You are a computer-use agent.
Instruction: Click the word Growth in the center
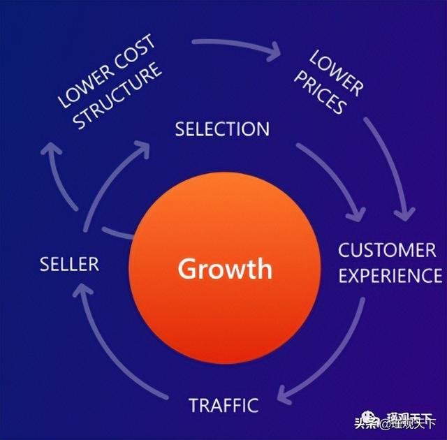(x=224, y=268)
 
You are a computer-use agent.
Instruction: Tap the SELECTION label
(x=222, y=129)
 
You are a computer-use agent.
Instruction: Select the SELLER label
(x=69, y=264)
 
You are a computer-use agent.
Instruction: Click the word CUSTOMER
(x=387, y=250)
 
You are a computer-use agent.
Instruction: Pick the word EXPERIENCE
(x=390, y=275)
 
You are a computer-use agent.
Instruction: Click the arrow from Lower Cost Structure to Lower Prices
(x=237, y=45)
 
